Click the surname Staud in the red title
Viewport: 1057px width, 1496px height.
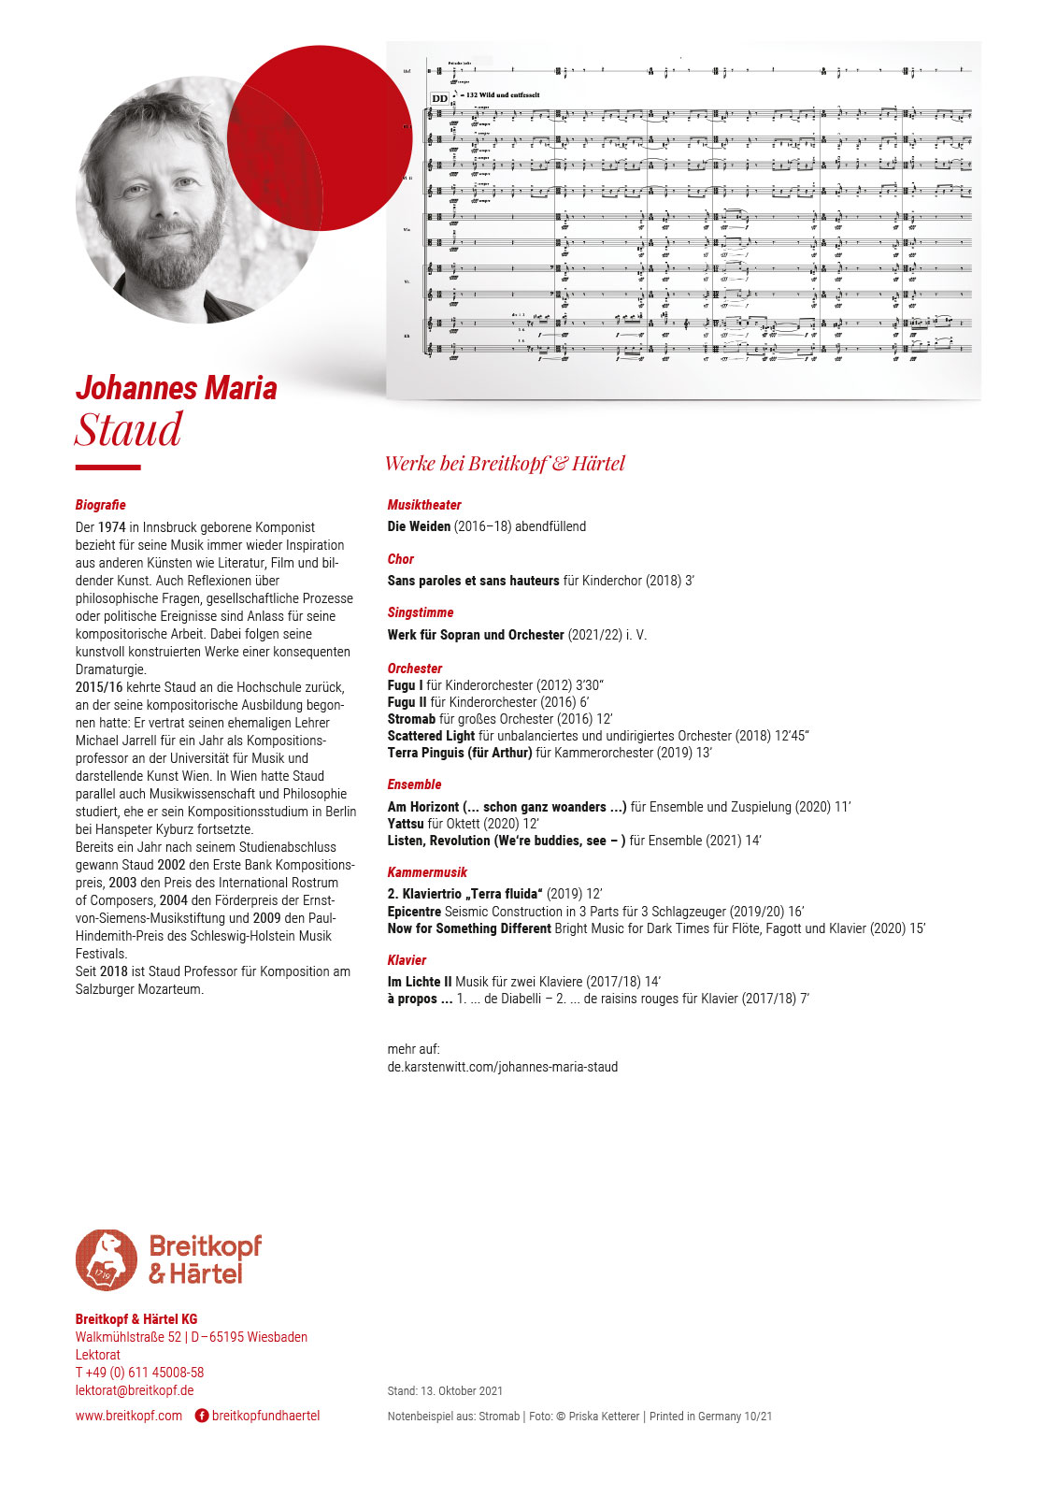coord(129,431)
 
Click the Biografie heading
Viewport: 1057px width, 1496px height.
coord(100,505)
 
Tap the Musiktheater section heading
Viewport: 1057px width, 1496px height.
coord(424,505)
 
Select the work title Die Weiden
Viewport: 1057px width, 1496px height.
coord(419,526)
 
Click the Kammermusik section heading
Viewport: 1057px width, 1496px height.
coord(427,872)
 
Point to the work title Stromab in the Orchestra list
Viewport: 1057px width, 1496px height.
coord(411,719)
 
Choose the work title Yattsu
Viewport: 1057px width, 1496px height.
coord(406,824)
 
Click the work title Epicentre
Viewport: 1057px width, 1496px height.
coord(414,912)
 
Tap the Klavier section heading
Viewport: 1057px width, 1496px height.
coord(407,960)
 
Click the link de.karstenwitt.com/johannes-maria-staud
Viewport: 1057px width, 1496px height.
coord(503,1067)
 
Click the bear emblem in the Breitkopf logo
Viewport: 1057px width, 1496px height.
coord(107,1259)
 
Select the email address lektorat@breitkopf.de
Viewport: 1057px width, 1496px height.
coord(135,1390)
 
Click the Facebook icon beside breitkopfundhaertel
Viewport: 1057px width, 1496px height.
coord(202,1416)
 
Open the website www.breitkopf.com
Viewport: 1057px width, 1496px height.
coord(129,1416)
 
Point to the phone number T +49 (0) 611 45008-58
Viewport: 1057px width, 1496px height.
coord(139,1373)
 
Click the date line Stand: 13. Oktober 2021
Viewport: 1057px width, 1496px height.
coord(445,1391)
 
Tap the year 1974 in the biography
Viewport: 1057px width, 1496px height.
coord(111,527)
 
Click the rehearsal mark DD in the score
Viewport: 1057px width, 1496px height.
coord(439,98)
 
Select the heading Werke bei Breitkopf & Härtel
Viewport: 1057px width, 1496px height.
coord(505,464)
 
